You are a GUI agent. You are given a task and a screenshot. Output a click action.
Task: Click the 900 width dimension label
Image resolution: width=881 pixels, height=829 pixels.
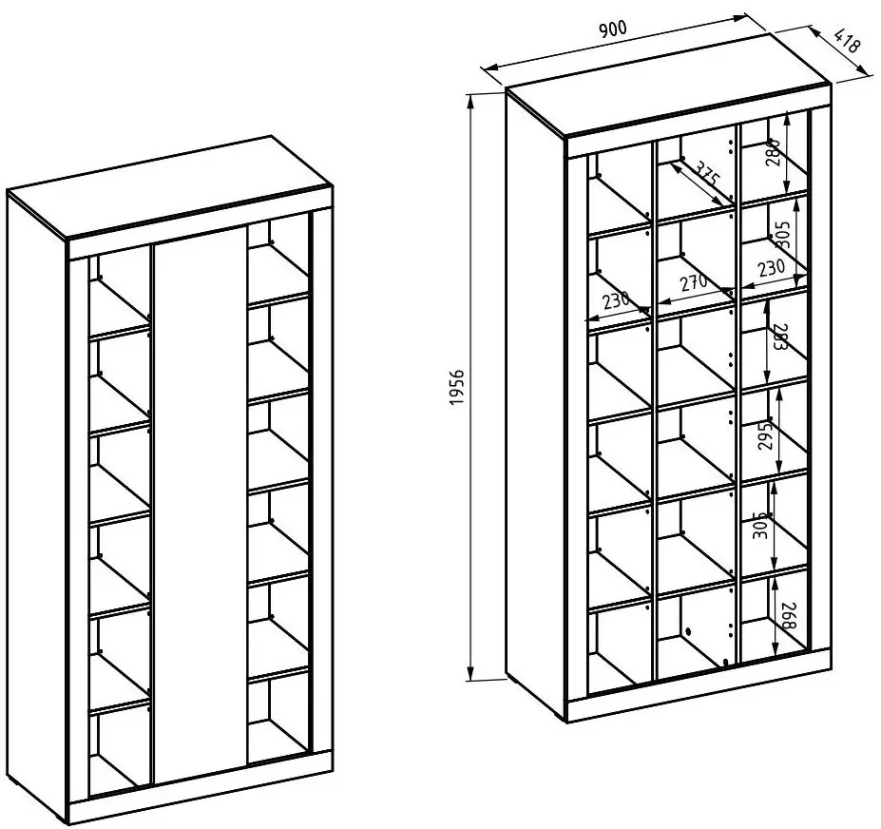pyautogui.click(x=612, y=29)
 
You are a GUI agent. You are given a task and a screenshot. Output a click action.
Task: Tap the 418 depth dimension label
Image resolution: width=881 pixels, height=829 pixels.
pyautogui.click(x=847, y=41)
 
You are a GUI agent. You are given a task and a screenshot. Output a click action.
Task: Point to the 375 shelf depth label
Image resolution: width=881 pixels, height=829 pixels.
pyautogui.click(x=707, y=173)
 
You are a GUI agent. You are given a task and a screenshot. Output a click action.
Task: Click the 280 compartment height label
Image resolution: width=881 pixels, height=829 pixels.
pyautogui.click(x=774, y=152)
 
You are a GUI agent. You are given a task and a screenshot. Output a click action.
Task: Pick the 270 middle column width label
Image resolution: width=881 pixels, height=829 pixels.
pyautogui.click(x=694, y=281)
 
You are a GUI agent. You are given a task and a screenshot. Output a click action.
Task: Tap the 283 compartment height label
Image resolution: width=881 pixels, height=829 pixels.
pyautogui.click(x=777, y=337)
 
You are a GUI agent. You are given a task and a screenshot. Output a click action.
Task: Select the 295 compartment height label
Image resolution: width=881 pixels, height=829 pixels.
pyautogui.click(x=765, y=434)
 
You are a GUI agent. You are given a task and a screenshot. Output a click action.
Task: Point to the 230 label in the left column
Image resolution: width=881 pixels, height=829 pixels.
pyautogui.click(x=617, y=300)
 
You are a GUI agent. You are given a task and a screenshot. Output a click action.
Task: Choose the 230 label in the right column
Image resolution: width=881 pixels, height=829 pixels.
pyautogui.click(x=771, y=268)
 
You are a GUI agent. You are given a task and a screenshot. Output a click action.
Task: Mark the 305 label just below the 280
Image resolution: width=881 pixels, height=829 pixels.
pyautogui.click(x=783, y=234)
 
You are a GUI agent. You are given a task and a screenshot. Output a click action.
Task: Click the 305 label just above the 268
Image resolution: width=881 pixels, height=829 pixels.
pyautogui.click(x=759, y=526)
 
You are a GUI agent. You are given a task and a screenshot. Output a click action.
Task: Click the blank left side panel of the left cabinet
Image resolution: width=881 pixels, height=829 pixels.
pyautogui.click(x=37, y=506)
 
